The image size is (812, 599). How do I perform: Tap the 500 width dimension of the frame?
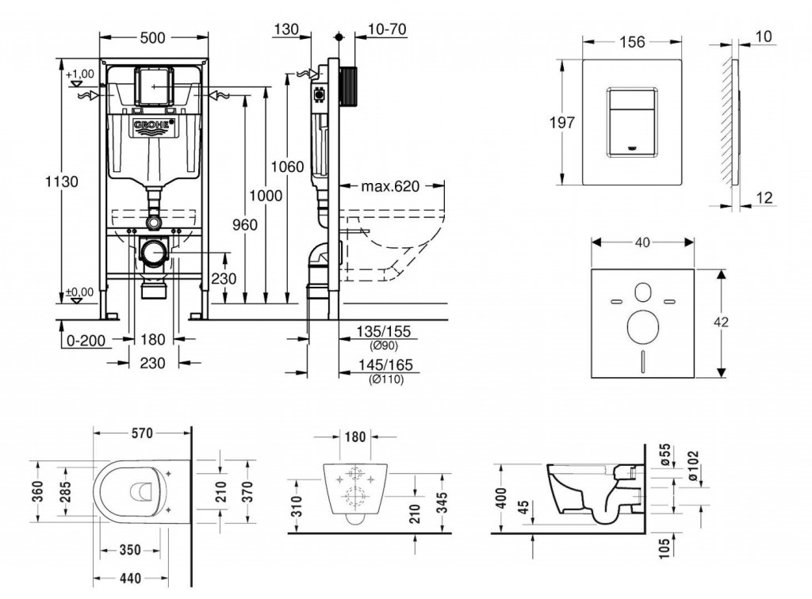[155, 36]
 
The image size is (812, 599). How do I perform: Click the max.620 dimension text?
[391, 187]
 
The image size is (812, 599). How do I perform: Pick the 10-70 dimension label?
[388, 29]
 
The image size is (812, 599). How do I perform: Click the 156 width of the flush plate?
[631, 43]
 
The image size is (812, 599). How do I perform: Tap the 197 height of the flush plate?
[560, 122]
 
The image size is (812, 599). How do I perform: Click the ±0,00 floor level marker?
[79, 292]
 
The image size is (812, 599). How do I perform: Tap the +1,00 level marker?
[80, 74]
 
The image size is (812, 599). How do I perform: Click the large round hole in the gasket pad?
[643, 325]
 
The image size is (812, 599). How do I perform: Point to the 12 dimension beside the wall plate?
[764, 198]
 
